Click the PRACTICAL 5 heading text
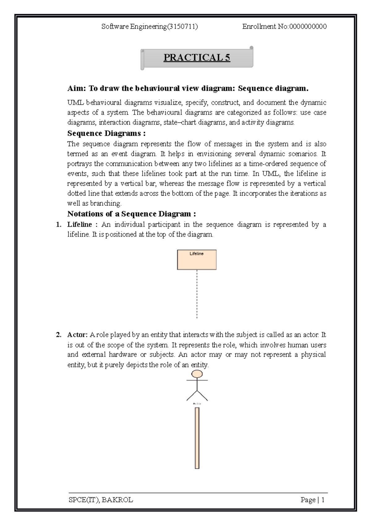(197, 58)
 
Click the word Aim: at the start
(76, 89)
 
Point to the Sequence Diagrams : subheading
(106, 134)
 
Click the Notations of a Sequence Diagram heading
(132, 214)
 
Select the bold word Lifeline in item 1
(80, 224)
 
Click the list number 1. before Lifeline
(58, 224)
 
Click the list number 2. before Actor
(58, 335)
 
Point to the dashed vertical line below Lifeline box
(197, 294)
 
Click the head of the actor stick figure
(197, 374)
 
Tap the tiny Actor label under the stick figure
(197, 404)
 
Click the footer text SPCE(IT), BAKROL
(101, 500)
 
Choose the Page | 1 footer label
(312, 500)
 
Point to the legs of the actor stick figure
(197, 396)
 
